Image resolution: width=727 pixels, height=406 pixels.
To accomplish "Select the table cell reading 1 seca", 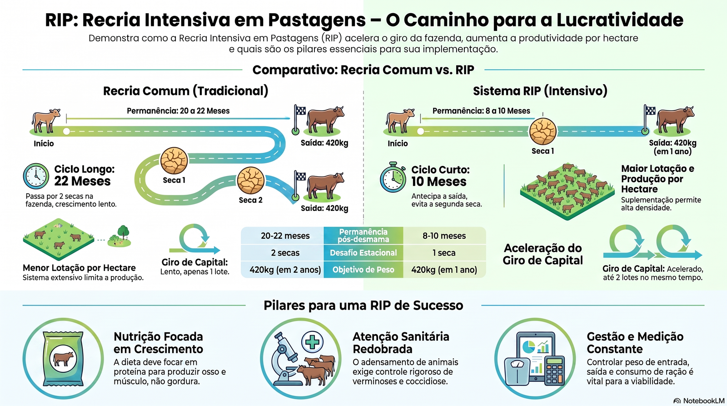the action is [x=444, y=253].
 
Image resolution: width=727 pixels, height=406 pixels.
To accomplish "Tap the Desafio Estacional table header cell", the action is [x=363, y=253].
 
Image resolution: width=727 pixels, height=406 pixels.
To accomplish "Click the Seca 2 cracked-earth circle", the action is [x=250, y=180].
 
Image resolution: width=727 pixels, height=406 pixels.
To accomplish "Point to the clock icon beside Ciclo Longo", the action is [x=36, y=176].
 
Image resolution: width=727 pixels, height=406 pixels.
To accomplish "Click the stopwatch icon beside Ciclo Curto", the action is [x=393, y=177].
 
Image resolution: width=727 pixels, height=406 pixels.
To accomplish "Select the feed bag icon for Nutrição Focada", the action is [x=63, y=359].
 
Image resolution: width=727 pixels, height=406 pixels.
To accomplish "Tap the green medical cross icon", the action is [x=312, y=342].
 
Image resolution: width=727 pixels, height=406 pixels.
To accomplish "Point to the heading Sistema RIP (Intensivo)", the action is [x=540, y=91].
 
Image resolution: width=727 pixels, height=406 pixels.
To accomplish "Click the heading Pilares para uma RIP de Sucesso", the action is [x=363, y=306].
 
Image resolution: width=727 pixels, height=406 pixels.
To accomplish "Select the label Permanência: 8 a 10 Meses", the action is [x=481, y=111].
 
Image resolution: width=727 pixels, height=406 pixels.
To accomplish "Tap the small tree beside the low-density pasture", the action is [x=123, y=233].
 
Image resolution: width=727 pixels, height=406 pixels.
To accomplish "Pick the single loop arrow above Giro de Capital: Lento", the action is [x=195, y=239].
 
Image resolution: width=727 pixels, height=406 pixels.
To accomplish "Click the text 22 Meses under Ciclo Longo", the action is [x=82, y=181].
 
